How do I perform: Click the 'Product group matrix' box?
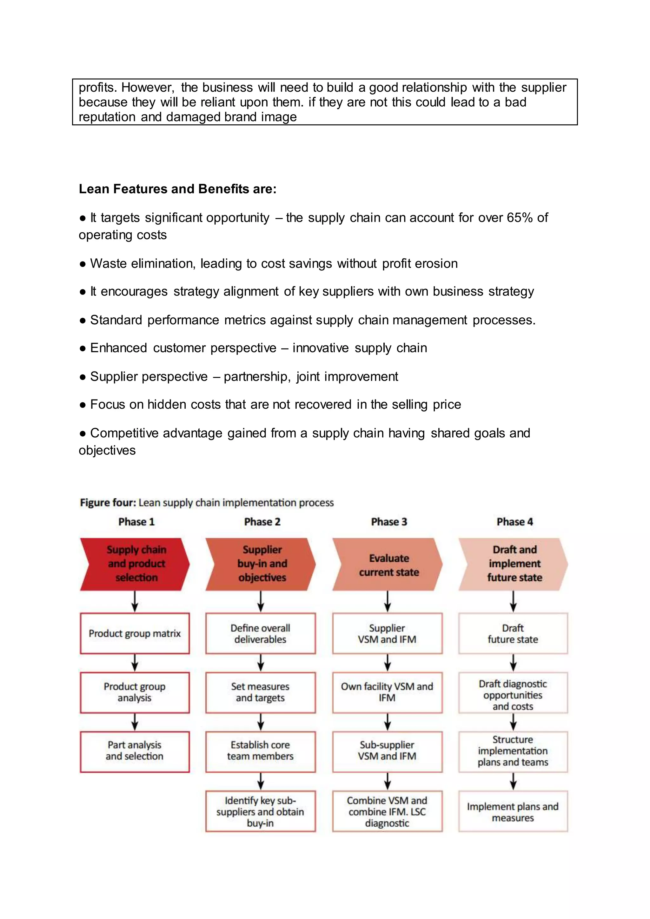tap(135, 633)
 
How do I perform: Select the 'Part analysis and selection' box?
tap(135, 750)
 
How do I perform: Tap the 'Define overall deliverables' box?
tap(260, 633)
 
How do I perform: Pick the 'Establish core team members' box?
tap(260, 750)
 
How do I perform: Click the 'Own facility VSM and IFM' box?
tap(387, 692)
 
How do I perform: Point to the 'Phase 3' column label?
tap(389, 522)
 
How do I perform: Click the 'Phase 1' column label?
tap(136, 522)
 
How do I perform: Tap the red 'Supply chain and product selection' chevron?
tap(135, 564)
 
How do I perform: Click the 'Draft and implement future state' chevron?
tap(514, 564)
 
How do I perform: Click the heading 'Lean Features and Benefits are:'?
tap(177, 189)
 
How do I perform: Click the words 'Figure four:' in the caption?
tap(108, 502)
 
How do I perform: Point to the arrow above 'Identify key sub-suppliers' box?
tap(261, 781)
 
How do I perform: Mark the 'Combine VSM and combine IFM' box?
tap(387, 812)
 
